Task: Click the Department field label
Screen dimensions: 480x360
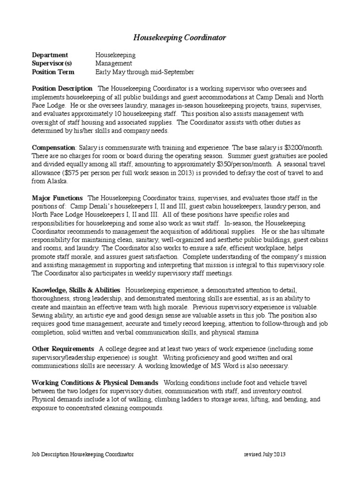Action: [x=50, y=55]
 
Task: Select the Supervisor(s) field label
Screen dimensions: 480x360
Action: [x=52, y=63]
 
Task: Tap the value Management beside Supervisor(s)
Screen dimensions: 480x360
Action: [x=113, y=63]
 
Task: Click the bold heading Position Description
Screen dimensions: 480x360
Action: [x=62, y=88]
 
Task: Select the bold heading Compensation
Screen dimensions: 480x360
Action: [x=53, y=147]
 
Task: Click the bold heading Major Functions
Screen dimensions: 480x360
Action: [x=57, y=198]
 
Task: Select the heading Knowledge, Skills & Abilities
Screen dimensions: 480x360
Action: [x=76, y=290]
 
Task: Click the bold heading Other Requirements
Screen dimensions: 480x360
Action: [x=63, y=349]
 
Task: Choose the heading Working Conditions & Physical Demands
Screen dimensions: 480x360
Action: [x=95, y=382]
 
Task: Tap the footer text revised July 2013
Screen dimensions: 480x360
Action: [x=265, y=455]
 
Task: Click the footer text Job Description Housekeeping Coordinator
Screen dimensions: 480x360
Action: [x=82, y=455]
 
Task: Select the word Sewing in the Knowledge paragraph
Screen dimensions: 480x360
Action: [x=43, y=315]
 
